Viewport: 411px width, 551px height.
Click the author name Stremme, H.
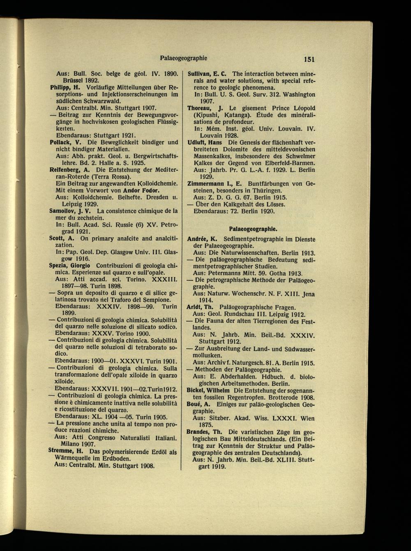[x=67, y=451]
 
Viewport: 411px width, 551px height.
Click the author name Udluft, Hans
[x=205, y=142]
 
